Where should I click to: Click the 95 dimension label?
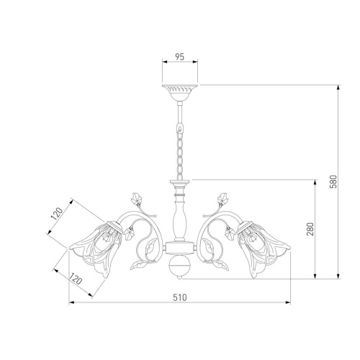[x=179, y=57]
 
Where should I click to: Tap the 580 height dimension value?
[x=333, y=181]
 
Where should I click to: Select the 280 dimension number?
[x=310, y=229]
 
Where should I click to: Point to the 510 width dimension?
[x=180, y=297]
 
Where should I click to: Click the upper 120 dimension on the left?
[x=57, y=214]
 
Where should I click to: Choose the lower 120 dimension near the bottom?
[x=76, y=279]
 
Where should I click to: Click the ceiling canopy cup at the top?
[x=180, y=93]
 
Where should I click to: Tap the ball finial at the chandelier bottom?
[x=180, y=266]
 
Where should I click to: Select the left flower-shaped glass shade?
[x=97, y=247]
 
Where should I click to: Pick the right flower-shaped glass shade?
[x=263, y=247]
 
